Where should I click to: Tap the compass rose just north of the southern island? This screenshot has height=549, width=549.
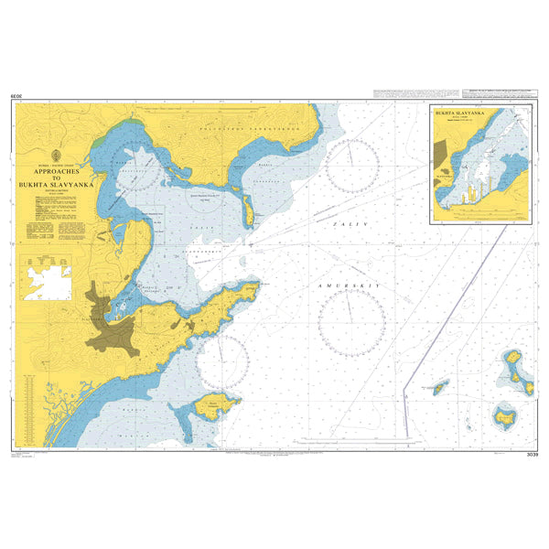[x=222, y=361]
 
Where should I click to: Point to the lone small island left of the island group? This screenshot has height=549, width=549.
[x=440, y=389]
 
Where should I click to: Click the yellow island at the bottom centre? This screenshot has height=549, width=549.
[x=221, y=403]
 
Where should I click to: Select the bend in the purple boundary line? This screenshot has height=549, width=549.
[x=405, y=374]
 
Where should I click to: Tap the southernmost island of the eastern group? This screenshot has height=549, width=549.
[x=503, y=418]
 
